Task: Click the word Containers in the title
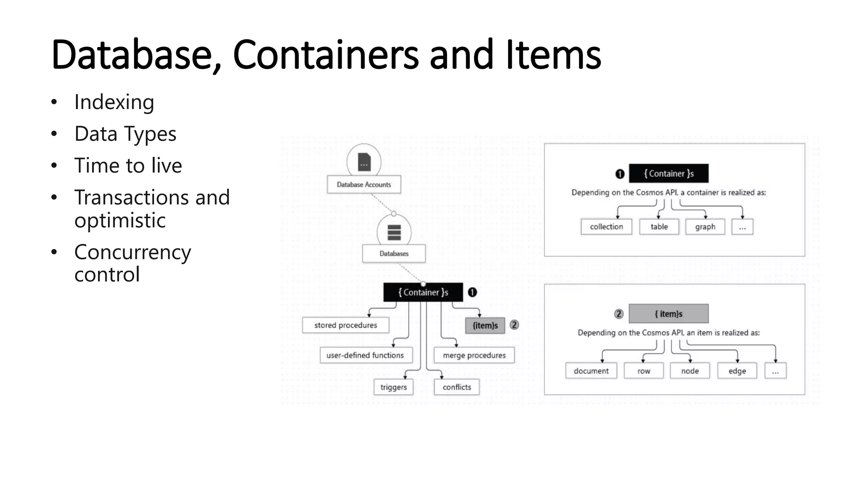pos(325,55)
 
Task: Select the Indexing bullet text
pos(114,102)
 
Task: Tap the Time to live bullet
pos(128,166)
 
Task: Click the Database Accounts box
pos(364,185)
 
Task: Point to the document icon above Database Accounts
pos(364,161)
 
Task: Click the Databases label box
pos(393,254)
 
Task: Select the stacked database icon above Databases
pos(394,232)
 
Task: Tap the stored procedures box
pos(345,325)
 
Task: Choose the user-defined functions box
pos(365,355)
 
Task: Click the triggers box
pos(393,387)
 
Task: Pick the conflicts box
pos(457,387)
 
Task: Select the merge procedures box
pos(474,355)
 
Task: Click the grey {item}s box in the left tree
pos(485,326)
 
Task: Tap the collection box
pos(606,227)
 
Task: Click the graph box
pos(705,227)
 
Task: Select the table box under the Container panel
pos(659,227)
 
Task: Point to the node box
pos(690,371)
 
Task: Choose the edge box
pos(737,371)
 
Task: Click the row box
pos(644,371)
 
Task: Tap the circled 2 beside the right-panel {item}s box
pos(619,314)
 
